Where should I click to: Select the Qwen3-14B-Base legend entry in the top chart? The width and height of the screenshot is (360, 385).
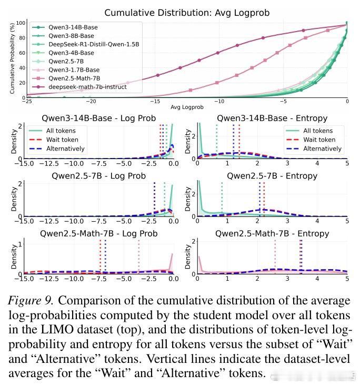click(x=73, y=27)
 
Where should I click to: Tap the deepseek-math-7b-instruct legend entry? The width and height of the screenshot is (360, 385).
click(x=87, y=87)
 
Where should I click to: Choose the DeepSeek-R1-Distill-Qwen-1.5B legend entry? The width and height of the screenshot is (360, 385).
click(x=94, y=44)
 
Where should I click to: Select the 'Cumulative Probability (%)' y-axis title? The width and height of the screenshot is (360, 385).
click(x=12, y=58)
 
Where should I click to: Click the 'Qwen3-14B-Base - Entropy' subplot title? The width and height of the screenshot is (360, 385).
click(x=272, y=118)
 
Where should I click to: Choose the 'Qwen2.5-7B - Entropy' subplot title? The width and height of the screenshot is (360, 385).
click(x=272, y=175)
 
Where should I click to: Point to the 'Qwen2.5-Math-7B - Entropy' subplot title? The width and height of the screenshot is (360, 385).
click(x=272, y=233)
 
